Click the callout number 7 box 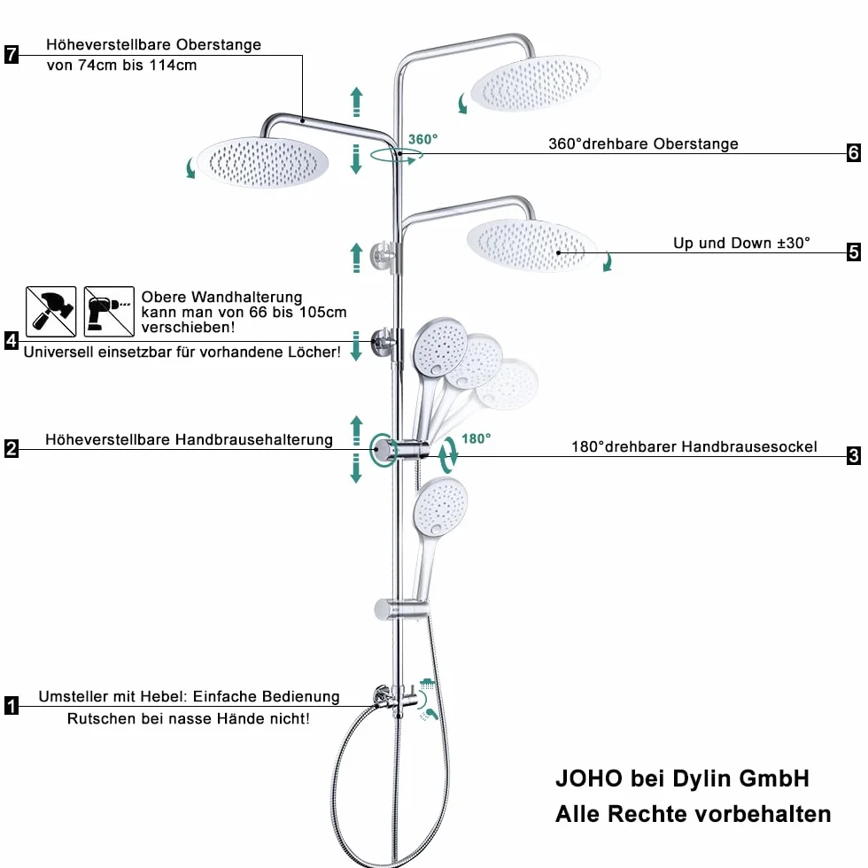11,54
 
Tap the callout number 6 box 854,152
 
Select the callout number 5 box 854,252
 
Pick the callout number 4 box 11,340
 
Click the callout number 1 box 11,706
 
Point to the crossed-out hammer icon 51,312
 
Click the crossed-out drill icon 109,312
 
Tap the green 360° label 423,139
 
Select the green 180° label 477,438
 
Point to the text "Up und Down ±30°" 741,243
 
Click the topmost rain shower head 535,83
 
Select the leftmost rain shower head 262,163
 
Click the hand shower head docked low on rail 441,507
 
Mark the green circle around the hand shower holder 383,450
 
